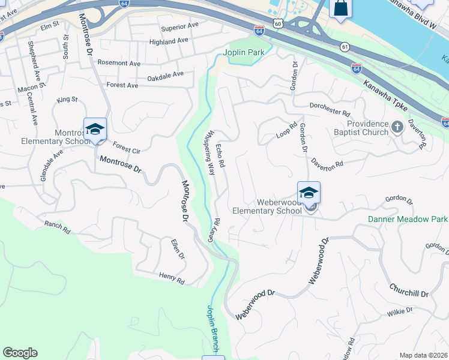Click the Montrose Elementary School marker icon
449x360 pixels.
point(95,129)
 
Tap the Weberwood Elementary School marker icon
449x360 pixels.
point(309,193)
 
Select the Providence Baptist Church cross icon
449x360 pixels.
point(397,127)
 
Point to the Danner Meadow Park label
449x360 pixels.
point(408,220)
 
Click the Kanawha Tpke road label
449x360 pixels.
point(385,95)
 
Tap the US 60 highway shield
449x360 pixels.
point(276,23)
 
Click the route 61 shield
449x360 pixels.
point(344,46)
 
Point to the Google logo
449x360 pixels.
point(20,353)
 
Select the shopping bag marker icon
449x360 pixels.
point(340,8)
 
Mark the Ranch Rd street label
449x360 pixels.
point(57,227)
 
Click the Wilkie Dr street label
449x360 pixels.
point(400,311)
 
